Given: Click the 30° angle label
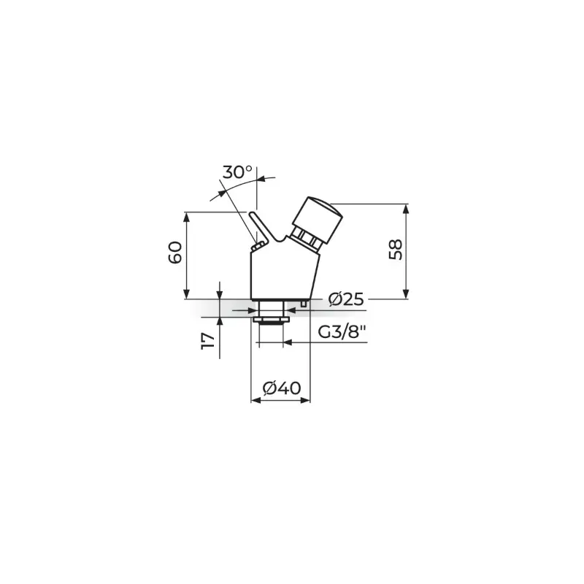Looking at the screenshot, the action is [237, 172].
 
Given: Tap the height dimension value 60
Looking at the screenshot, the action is [175, 253].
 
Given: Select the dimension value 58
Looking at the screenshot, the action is [396, 250].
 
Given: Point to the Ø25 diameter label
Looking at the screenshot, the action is [346, 299].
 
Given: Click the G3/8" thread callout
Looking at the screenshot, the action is [342, 331].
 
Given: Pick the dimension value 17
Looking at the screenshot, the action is [209, 341].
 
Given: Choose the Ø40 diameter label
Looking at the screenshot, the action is [281, 388].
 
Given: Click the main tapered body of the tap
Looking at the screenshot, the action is [285, 275].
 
